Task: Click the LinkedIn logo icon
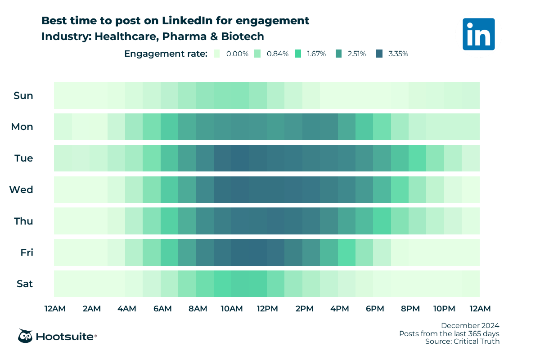(478, 34)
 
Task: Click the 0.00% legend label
(237, 54)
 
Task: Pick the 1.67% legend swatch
(298, 54)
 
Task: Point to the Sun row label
(23, 95)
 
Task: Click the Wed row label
(21, 190)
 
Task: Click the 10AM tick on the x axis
(232, 309)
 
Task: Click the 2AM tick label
(91, 309)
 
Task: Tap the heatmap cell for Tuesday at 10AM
(240, 158)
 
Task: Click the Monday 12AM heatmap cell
(63, 127)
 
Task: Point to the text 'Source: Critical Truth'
(462, 342)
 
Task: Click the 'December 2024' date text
(470, 325)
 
